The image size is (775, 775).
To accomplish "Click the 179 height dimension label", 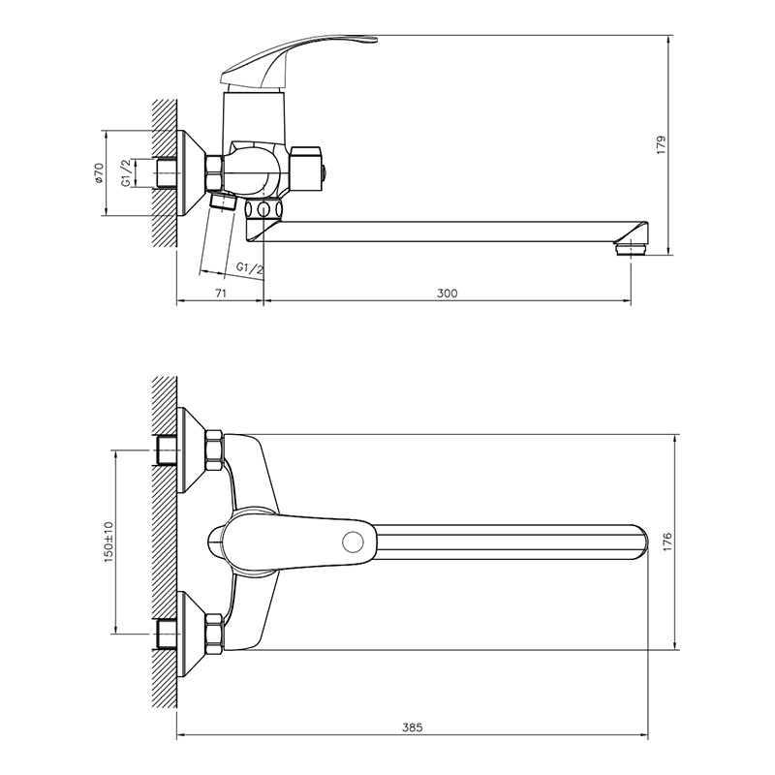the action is (662, 144).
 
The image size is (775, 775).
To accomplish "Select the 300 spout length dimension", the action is (447, 294).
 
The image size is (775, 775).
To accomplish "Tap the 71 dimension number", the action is (221, 294).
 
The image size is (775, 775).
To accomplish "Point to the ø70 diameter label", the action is (99, 173).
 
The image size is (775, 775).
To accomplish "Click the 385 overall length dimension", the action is (413, 728).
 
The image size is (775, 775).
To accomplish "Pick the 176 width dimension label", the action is (667, 542).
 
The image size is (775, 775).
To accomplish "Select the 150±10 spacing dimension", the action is (108, 541).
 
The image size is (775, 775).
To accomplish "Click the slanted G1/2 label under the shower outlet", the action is (250, 268).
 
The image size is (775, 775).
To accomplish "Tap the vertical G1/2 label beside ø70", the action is (127, 173).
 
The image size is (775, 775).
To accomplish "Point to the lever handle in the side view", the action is (296, 62).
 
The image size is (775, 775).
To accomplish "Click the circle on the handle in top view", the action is (353, 542).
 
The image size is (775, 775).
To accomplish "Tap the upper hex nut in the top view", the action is (214, 449).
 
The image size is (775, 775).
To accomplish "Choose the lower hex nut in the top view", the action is (214, 635).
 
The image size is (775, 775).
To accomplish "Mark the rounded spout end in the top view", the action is (640, 542).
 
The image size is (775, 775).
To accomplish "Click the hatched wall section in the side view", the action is (165, 173).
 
